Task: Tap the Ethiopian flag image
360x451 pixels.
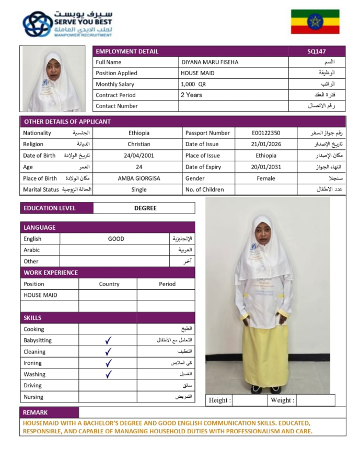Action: (315, 21)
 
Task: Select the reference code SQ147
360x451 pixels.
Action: (316, 51)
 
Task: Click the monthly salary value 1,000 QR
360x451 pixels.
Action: (193, 84)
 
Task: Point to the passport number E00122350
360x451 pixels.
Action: (265, 133)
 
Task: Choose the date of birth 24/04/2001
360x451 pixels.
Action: (138, 156)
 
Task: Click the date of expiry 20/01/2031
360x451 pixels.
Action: (265, 167)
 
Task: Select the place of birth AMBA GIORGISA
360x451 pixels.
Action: (138, 179)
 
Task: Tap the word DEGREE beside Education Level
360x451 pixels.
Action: (145, 208)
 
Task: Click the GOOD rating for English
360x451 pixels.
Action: (116, 239)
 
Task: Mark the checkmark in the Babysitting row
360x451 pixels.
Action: (108, 340)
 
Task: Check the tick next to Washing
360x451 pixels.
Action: (108, 374)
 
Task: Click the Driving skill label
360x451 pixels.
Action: (33, 386)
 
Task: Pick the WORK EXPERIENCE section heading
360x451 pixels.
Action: (50, 272)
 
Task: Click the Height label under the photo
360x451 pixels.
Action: (219, 400)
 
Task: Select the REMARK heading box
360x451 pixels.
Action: (36, 412)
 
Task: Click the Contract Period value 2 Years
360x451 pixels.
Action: (191, 95)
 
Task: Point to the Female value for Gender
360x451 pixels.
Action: (265, 179)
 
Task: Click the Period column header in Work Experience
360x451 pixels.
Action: (167, 284)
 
